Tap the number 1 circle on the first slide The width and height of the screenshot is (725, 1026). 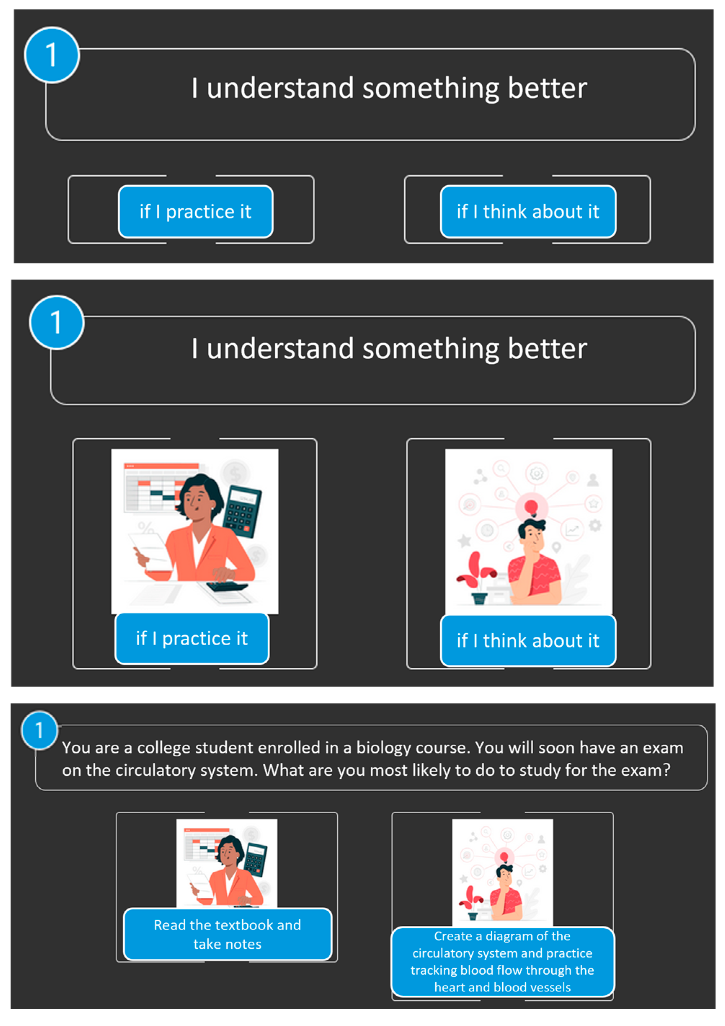pos(52,55)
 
